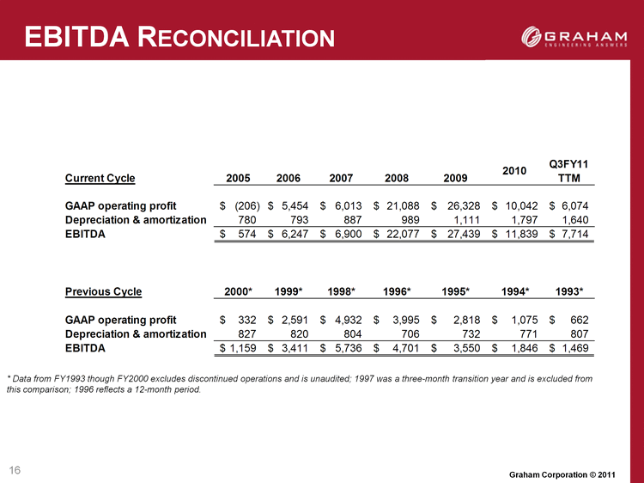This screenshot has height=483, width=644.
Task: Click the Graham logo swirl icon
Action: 531,36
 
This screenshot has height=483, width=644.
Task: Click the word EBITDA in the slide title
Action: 77,37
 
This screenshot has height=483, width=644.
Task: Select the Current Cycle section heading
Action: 100,179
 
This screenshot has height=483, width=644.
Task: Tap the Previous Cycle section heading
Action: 104,292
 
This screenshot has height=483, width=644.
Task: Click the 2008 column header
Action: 397,179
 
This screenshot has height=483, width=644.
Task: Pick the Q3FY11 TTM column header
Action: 568,171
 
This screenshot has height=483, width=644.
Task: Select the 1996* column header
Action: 397,292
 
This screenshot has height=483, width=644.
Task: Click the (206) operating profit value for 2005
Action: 246,206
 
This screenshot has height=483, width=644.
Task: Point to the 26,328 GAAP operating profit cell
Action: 464,206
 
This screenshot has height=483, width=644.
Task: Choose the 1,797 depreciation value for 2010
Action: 526,220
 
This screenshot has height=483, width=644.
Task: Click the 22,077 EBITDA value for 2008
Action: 403,235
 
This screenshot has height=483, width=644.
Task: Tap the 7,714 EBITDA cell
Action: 575,235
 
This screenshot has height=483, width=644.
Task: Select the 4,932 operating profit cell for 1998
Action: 349,320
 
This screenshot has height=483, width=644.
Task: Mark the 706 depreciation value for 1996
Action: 410,333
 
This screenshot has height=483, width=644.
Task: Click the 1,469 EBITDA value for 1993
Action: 575,348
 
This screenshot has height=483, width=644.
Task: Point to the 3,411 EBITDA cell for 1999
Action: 295,348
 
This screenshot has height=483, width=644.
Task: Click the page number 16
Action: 15,470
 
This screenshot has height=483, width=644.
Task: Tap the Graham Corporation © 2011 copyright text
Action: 562,474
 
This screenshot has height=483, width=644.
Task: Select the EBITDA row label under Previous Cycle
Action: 85,348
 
